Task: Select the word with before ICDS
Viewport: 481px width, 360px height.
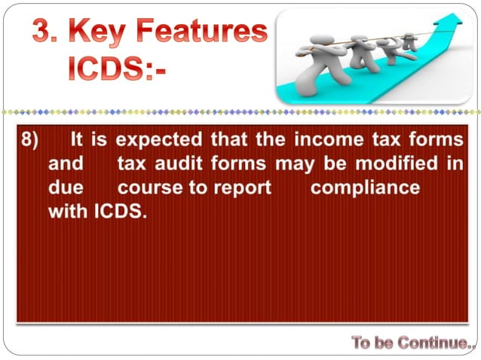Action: click(69, 212)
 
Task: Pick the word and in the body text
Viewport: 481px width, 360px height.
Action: click(66, 164)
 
